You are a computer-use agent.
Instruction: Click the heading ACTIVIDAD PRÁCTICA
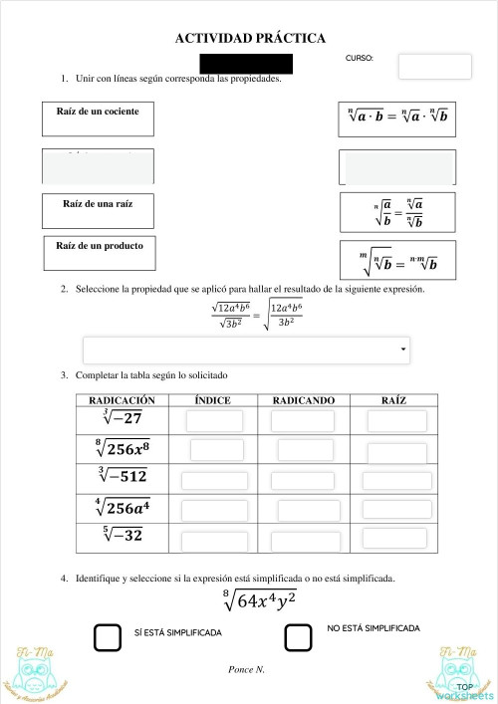click(x=250, y=38)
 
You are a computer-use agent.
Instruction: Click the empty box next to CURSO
click(x=434, y=67)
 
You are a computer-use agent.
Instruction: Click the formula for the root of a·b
click(x=397, y=117)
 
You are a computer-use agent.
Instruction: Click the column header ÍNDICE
click(x=213, y=400)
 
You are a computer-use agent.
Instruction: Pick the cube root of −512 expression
click(x=123, y=477)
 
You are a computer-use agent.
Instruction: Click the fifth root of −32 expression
click(x=123, y=537)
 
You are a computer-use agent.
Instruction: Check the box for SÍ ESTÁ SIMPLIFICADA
click(x=107, y=637)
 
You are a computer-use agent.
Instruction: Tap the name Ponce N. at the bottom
click(x=246, y=669)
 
